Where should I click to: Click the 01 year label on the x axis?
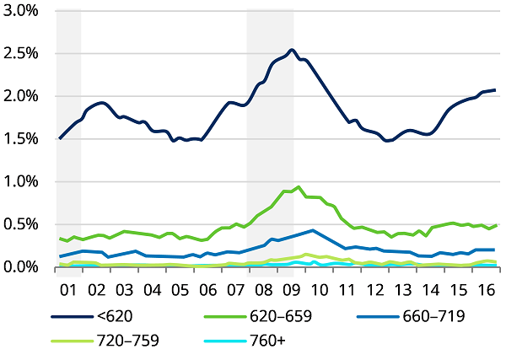coord(69,290)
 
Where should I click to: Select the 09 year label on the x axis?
coord(291,290)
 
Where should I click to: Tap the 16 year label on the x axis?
coord(485,290)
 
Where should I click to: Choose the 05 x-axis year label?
coord(180,290)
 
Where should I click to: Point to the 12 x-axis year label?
coord(374,290)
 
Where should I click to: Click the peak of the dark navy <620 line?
coord(291,50)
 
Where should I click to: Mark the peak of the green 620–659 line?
coord(299,187)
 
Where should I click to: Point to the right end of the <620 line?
coord(495,90)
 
